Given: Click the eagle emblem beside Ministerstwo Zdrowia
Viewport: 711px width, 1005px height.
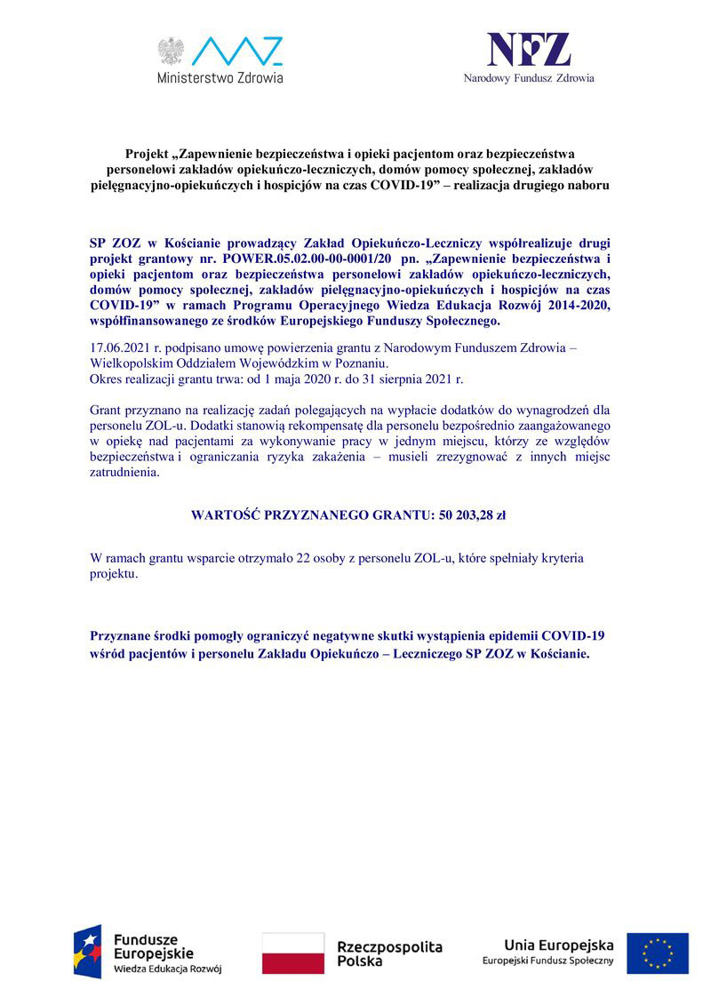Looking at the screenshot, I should point(170,51).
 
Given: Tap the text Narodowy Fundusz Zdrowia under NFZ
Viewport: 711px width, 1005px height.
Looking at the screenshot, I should point(529,78).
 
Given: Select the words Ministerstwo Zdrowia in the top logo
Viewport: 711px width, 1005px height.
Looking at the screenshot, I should point(220,77).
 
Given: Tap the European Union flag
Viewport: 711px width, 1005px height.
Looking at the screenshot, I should point(657,953).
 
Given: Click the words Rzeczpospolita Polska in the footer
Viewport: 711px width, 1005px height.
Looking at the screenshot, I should point(389,953).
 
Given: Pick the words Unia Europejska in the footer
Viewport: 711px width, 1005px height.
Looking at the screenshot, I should point(559,944).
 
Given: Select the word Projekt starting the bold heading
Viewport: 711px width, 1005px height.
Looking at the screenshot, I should point(147,154).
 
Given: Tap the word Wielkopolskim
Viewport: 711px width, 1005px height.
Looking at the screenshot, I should point(132,363).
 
